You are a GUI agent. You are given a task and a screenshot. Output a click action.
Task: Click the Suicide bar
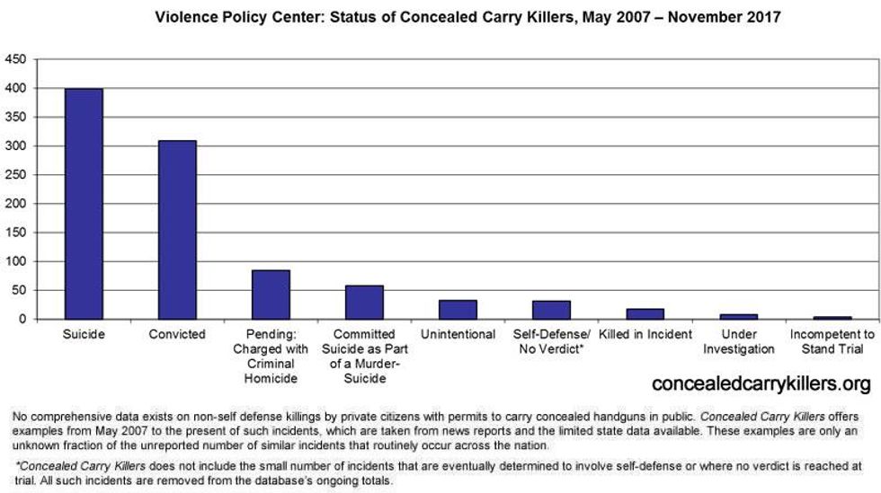pyautogui.click(x=84, y=204)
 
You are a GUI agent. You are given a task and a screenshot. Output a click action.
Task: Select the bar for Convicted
pyautogui.click(x=177, y=230)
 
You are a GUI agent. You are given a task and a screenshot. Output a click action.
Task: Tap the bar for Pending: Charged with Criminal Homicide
pyautogui.click(x=271, y=295)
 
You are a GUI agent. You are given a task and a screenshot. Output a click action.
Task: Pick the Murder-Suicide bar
pyautogui.click(x=364, y=303)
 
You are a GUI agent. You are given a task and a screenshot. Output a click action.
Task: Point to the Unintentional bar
pyautogui.click(x=458, y=310)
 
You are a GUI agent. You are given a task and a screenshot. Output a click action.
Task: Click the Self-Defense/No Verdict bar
pyautogui.click(x=551, y=310)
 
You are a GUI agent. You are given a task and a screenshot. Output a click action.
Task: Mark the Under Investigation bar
pyautogui.click(x=738, y=317)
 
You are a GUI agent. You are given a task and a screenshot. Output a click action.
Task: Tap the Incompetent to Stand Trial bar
pyautogui.click(x=832, y=318)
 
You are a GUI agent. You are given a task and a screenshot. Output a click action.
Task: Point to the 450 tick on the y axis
pyautogui.click(x=15, y=59)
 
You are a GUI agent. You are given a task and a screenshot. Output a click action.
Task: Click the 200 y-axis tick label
pyautogui.click(x=15, y=204)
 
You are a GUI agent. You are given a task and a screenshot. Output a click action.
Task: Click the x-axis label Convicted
pyautogui.click(x=177, y=335)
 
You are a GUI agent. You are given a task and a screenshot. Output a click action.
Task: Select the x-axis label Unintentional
pyautogui.click(x=458, y=335)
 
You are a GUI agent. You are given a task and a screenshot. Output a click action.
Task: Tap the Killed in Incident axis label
pyautogui.click(x=645, y=335)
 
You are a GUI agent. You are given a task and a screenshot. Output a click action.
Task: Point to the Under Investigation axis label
pyautogui.click(x=738, y=342)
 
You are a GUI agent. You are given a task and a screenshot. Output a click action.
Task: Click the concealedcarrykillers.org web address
pyautogui.click(x=760, y=384)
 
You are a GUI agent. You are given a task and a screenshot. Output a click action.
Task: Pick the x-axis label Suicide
pyautogui.click(x=84, y=335)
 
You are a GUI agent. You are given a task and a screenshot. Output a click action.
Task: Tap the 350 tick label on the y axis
pyautogui.click(x=15, y=117)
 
